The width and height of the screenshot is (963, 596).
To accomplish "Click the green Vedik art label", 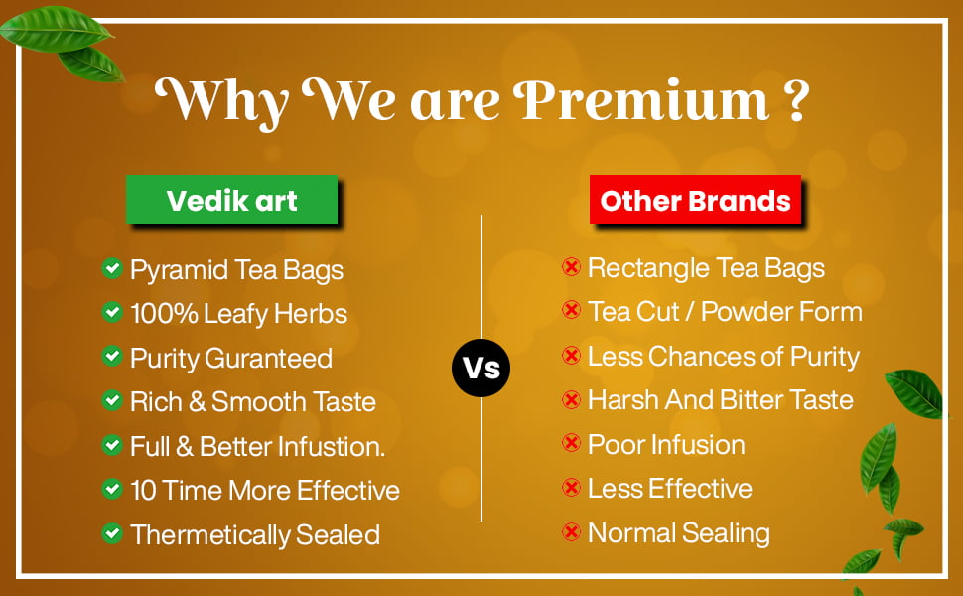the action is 231,200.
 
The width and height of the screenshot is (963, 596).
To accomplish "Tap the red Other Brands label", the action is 695,200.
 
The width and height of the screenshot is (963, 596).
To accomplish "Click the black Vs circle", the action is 481,368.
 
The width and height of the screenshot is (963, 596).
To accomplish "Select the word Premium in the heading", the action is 641,100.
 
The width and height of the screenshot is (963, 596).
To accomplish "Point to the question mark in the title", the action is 796,100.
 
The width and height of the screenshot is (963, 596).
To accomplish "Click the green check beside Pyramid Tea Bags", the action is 112,268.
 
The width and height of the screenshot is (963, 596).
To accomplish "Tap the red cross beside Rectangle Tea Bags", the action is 571,266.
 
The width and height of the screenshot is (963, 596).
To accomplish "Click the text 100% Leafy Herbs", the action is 239,313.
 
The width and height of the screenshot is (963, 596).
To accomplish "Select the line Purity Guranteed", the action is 231,359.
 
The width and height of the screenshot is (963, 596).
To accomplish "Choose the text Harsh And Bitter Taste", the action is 721,400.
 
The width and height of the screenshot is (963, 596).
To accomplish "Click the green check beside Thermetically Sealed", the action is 112,533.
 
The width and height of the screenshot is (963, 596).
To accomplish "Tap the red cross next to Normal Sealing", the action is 571,531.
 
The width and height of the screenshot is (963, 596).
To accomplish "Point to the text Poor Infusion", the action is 666,444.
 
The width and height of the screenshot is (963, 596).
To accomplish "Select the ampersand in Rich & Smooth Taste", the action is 198,402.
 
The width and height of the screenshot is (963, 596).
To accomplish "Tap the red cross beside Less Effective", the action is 571,488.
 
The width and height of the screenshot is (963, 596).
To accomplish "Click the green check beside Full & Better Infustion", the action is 112,445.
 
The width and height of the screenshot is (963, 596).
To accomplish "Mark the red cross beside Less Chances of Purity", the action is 571,356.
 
